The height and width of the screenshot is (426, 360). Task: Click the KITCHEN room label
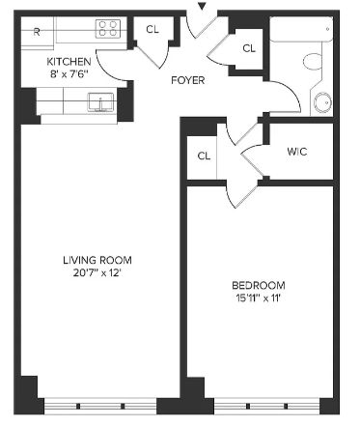pos(69,61)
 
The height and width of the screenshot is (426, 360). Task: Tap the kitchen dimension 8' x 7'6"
pos(69,74)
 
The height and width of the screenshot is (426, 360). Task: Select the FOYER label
pos(188,80)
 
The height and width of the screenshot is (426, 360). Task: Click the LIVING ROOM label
pos(97,260)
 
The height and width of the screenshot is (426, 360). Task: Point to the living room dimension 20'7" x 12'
pos(97,273)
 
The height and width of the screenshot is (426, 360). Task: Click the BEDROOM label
pos(259,285)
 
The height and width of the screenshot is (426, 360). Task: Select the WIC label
pos(297,152)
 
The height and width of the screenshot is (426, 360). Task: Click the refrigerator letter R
pos(37,32)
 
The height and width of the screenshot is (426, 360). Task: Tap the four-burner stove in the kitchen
pos(108,28)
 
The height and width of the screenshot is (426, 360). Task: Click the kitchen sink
pos(100,102)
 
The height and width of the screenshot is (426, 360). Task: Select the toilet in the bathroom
pos(314,61)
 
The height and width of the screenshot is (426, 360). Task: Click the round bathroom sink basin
pos(322,102)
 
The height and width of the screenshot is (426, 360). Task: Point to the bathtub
pos(301,29)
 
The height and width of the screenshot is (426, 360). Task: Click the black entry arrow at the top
pos(202,6)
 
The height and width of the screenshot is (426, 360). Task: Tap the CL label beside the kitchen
pos(152,30)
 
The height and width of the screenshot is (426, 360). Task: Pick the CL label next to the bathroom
pos(249,48)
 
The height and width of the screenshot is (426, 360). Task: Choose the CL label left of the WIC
pos(204,156)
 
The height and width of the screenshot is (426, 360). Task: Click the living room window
pos(100,406)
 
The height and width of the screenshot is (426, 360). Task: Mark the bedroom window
pos(266,406)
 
